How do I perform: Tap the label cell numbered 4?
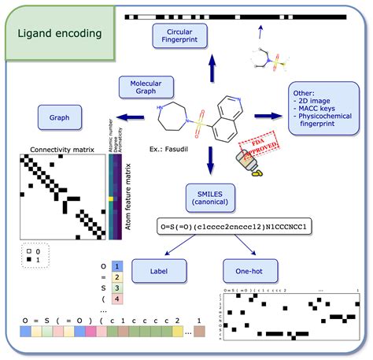coord(117,299)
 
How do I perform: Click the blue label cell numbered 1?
coord(117,266)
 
